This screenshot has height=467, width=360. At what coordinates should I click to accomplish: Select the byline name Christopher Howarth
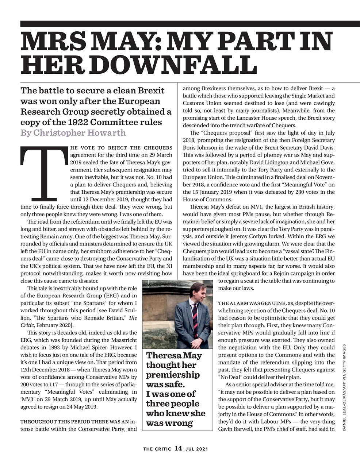79,132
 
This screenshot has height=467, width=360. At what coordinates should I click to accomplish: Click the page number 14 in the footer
178,448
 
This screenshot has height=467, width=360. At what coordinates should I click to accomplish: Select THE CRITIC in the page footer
157,449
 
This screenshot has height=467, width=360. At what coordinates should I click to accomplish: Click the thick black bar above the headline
190,24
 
